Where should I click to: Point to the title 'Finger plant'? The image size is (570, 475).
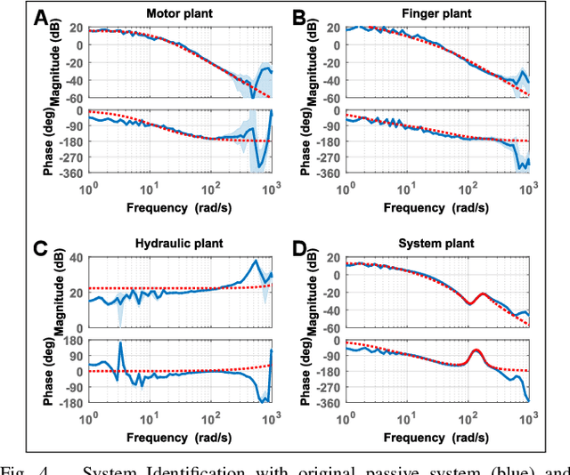pos(436,13)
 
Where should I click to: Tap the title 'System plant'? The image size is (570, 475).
pos(436,243)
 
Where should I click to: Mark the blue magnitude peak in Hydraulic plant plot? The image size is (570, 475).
pos(256,261)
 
